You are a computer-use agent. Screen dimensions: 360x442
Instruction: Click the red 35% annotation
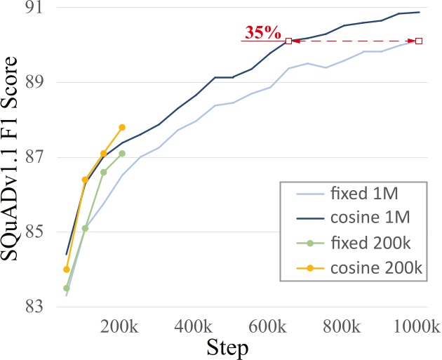point(262,32)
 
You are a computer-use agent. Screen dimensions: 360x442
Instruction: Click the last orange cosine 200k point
point(122,127)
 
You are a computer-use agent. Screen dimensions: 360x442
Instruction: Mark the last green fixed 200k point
point(122,153)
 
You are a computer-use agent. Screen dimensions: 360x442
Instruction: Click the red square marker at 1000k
point(419,41)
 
